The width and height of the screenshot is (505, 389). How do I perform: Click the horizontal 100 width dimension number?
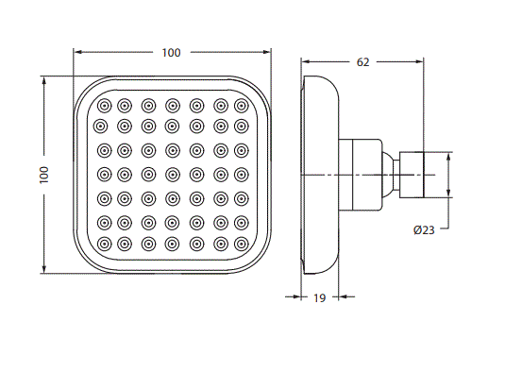coord(171,52)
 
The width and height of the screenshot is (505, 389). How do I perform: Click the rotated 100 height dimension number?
coord(43,176)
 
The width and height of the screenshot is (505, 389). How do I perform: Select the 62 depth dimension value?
coord(363,62)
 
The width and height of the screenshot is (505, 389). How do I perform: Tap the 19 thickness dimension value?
coord(319,298)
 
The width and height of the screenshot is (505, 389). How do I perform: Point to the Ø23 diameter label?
coord(424,229)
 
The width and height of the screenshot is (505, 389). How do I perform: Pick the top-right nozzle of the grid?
coord(241,104)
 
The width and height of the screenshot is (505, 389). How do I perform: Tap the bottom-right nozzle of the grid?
coord(241,244)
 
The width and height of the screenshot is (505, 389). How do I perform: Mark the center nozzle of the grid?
coord(172,174)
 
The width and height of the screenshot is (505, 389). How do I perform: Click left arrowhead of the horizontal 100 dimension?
coord(76,52)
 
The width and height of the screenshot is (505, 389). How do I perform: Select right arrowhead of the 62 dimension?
coord(420,62)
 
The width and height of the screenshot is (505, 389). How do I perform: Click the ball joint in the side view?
coord(388,174)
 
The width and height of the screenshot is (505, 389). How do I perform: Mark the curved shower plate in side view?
coord(319,174)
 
